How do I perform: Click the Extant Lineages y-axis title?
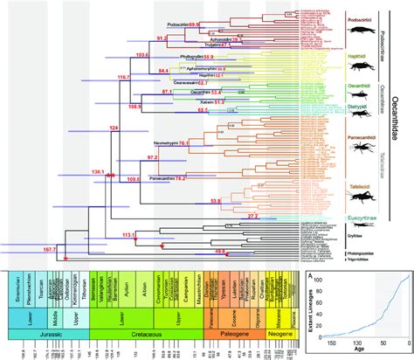pos(312,306)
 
